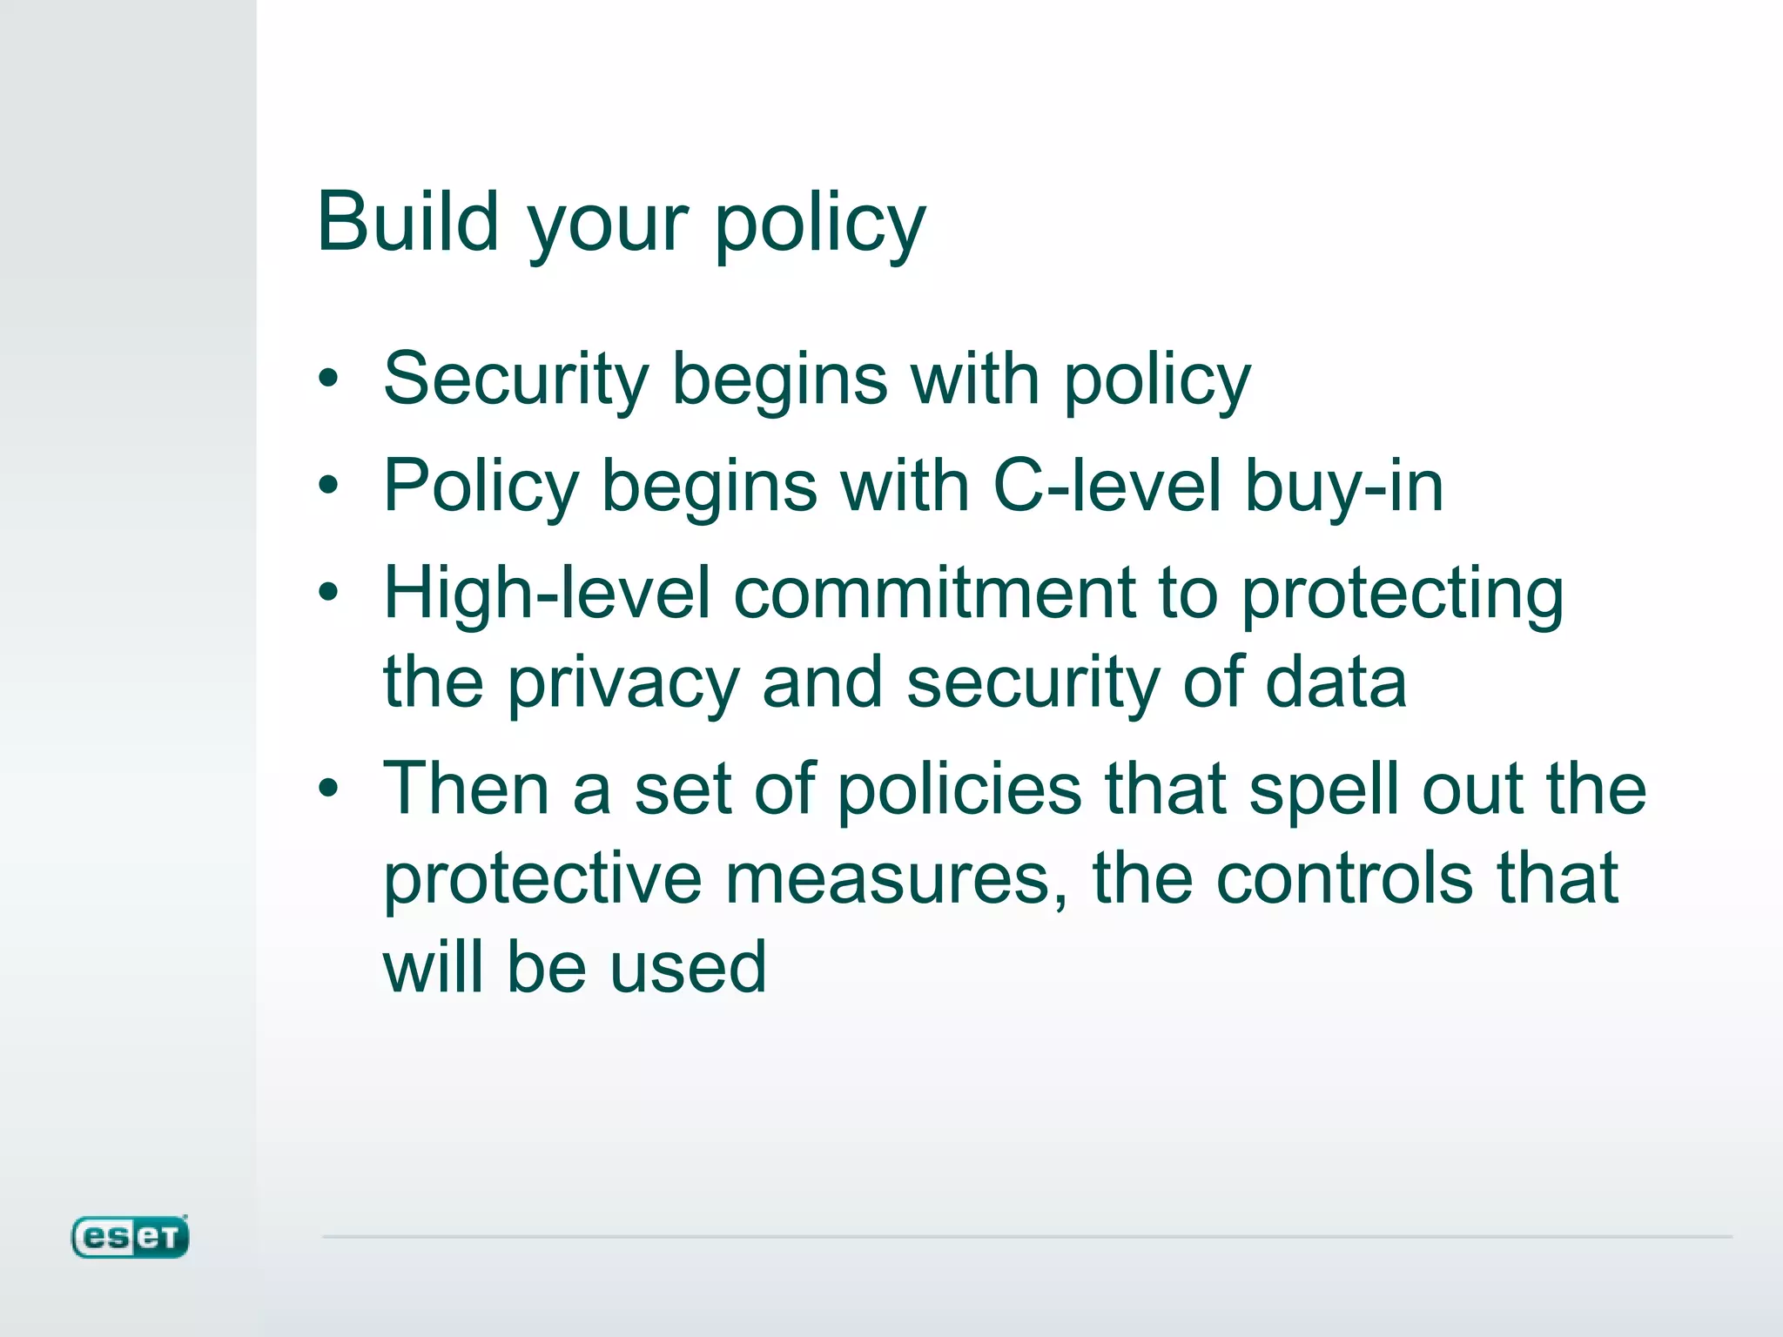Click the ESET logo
click(x=130, y=1237)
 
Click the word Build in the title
click(x=407, y=222)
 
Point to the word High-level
click(x=547, y=594)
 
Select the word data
click(x=1336, y=682)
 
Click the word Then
click(x=467, y=789)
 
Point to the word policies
click(x=959, y=790)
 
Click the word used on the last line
click(x=688, y=967)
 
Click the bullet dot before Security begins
click(x=328, y=379)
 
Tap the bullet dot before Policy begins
click(x=328, y=486)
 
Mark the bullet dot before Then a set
click(x=328, y=789)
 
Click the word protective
click(x=542, y=879)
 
